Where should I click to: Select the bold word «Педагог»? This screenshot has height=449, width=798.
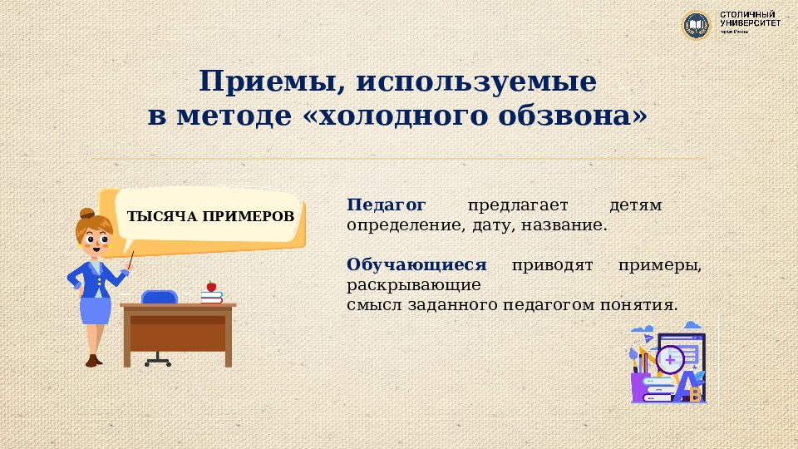(x=387, y=205)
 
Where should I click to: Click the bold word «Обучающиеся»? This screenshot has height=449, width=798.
(x=416, y=264)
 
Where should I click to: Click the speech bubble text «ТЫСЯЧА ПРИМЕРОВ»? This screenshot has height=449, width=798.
(x=210, y=216)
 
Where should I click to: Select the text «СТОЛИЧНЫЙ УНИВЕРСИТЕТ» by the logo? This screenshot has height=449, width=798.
(x=750, y=21)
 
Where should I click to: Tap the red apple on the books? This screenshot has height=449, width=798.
(x=211, y=286)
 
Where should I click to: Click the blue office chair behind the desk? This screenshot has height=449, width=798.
(x=160, y=297)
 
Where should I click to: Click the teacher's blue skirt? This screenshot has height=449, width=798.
(x=96, y=311)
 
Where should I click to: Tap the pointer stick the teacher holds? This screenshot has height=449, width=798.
(x=131, y=260)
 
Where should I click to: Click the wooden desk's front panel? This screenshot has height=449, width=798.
(x=178, y=333)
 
